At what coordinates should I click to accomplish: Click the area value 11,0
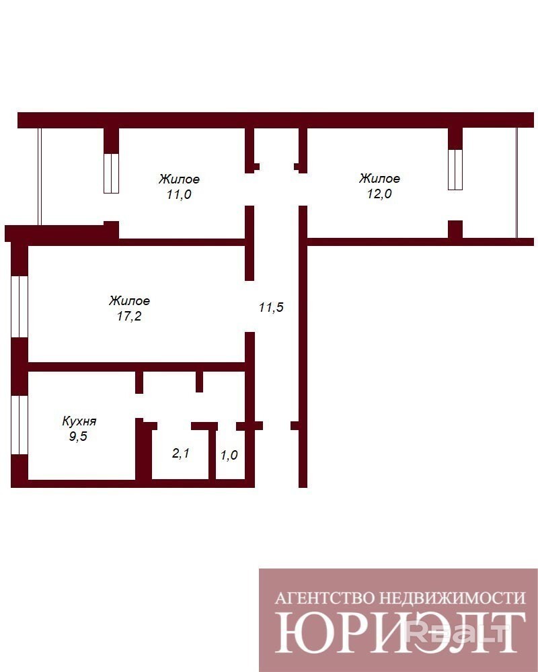pos(179,195)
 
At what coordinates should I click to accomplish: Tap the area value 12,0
pos(379,194)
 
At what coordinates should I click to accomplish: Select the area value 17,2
pos(129,317)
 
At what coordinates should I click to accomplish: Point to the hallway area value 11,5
pos(271,307)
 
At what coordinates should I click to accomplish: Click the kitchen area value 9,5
pos(78,436)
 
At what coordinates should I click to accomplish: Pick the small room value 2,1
pos(181,453)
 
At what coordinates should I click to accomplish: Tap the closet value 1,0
pos(229,455)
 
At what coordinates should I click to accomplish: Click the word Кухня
pos(79,421)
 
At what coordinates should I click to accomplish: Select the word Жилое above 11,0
pos(180,179)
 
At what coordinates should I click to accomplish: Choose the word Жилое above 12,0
pos(380,178)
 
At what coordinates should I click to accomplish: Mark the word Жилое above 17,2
pos(129,300)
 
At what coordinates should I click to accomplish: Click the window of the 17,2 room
pos(20,307)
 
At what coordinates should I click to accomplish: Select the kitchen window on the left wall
pos(20,425)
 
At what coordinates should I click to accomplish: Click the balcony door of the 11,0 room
pos(111,173)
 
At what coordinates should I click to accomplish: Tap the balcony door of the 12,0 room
pos(455,169)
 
